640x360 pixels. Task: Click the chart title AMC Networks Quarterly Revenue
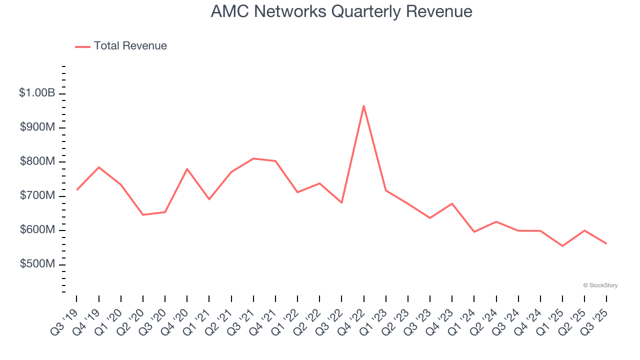[x=341, y=11]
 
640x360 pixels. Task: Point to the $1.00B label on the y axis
[x=37, y=93]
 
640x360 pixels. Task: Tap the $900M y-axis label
[x=37, y=127]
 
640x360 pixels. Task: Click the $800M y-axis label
[x=37, y=161]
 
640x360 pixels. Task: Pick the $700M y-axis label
[x=37, y=195]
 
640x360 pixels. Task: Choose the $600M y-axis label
[x=37, y=230]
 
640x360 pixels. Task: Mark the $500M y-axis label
[x=37, y=264]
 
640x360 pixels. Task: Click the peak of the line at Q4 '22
[x=364, y=105]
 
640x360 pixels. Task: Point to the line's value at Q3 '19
[x=76, y=190]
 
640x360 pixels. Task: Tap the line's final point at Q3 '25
[x=606, y=243]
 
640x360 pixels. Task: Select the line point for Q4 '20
[x=187, y=169]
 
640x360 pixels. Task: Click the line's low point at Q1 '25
[x=562, y=246]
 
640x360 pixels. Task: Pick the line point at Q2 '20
[x=143, y=215]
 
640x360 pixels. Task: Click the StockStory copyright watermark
[x=600, y=285]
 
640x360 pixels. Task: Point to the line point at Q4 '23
[x=452, y=203]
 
